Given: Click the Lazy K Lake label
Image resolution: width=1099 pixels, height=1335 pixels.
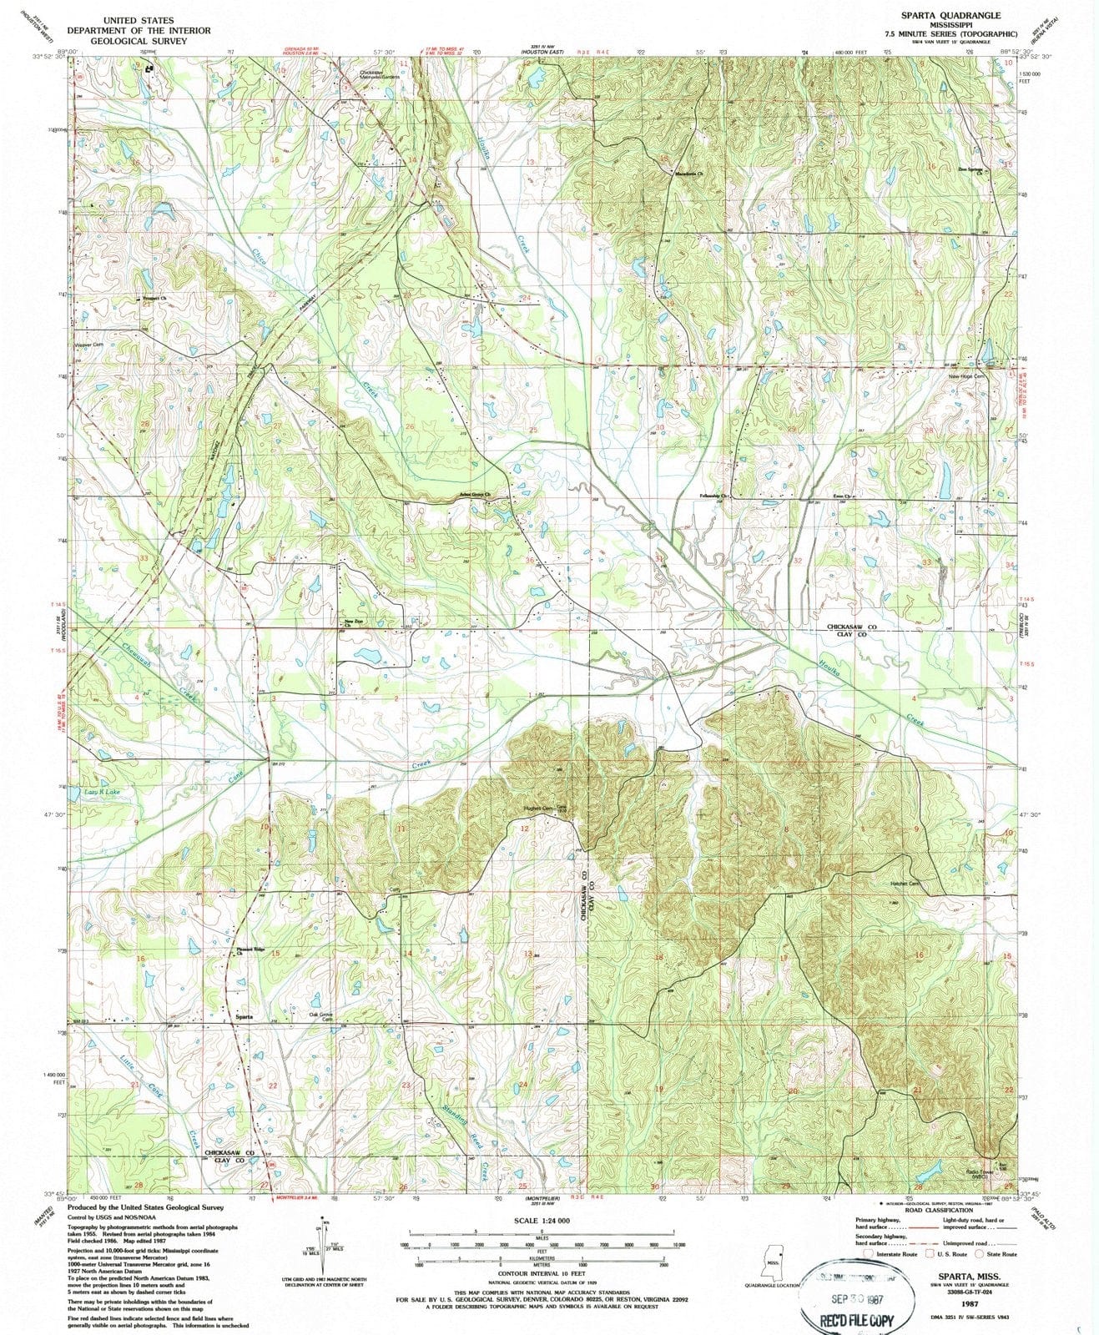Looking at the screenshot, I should pyautogui.click(x=103, y=791).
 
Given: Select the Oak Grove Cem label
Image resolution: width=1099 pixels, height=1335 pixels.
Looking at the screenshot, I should pyautogui.click(x=322, y=1016).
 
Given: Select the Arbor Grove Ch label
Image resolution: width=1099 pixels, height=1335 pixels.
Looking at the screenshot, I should pyautogui.click(x=472, y=496).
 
